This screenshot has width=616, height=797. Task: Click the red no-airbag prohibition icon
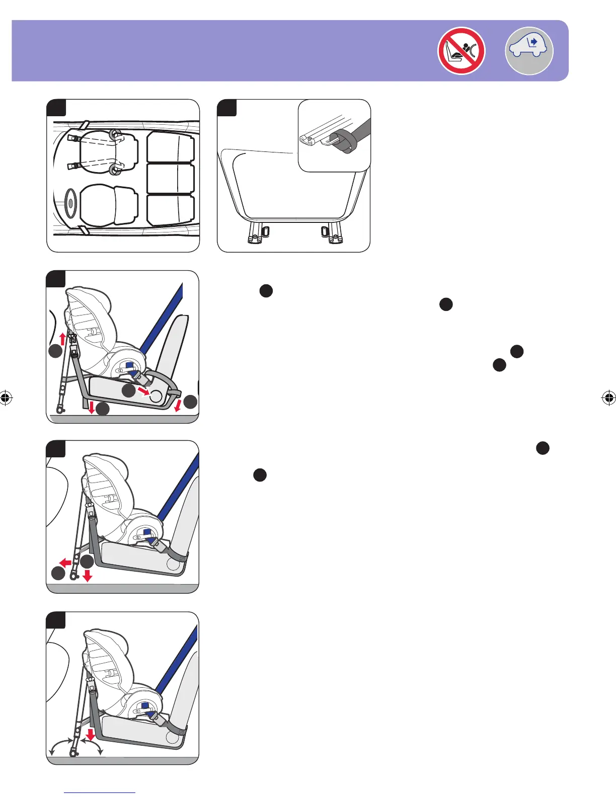click(461, 51)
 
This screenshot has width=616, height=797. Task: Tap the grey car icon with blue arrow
click(529, 50)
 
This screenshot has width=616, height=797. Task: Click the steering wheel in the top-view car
click(70, 202)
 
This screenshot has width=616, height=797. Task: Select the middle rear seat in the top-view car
click(171, 178)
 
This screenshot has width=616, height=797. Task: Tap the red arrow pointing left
click(65, 562)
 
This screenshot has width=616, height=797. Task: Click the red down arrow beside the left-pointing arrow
click(87, 576)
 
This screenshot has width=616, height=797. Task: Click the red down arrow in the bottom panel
click(91, 734)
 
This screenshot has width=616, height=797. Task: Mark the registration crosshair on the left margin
click(6, 398)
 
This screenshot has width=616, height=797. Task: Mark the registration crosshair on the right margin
click(608, 398)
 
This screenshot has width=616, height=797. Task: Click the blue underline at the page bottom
click(100, 793)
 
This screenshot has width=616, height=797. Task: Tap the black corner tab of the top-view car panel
click(56, 108)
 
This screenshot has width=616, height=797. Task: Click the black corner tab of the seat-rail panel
click(226, 108)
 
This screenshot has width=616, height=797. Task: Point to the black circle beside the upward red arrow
click(55, 352)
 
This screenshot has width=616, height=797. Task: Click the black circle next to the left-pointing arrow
click(58, 573)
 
